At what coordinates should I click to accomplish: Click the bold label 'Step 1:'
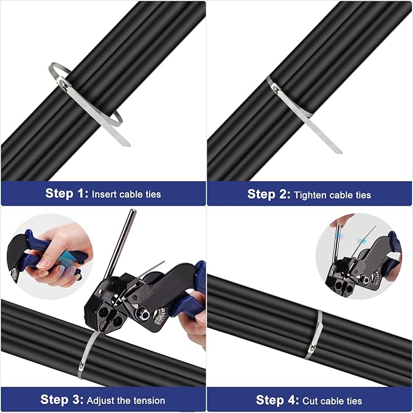click(67, 194)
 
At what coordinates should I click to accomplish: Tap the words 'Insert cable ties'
click(126, 195)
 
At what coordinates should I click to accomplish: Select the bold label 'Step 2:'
click(269, 195)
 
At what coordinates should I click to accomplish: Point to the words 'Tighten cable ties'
click(332, 195)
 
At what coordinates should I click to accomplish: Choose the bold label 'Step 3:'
click(62, 400)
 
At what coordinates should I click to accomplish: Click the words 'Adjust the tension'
click(126, 400)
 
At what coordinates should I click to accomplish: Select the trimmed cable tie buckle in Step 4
click(311, 351)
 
